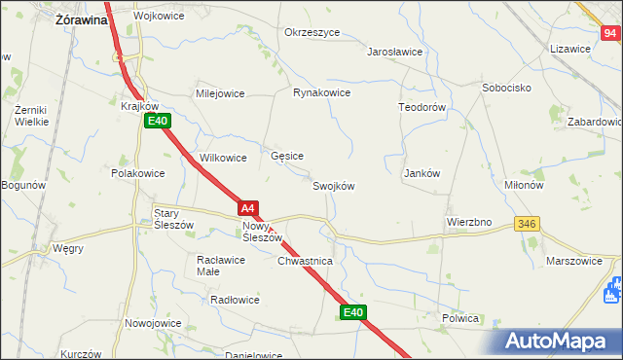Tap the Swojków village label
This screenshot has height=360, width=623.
coord(333,186)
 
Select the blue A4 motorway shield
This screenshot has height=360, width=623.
coord(248,208)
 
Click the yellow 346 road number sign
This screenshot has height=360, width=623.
coord(527,224)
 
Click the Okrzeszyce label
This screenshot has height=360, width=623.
coord(311,32)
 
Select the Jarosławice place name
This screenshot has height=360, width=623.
coord(394,53)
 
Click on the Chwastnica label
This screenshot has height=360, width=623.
coord(306,262)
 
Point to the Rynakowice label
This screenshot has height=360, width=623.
coord(321,93)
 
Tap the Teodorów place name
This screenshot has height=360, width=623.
coord(421,106)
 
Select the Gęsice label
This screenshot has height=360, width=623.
coord(287,156)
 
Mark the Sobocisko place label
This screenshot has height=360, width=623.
coord(505,88)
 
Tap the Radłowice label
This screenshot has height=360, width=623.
coord(235,300)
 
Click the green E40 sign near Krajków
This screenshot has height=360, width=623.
coord(158,121)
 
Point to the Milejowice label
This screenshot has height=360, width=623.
coord(220,93)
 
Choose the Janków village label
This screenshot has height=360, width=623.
coord(422,173)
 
